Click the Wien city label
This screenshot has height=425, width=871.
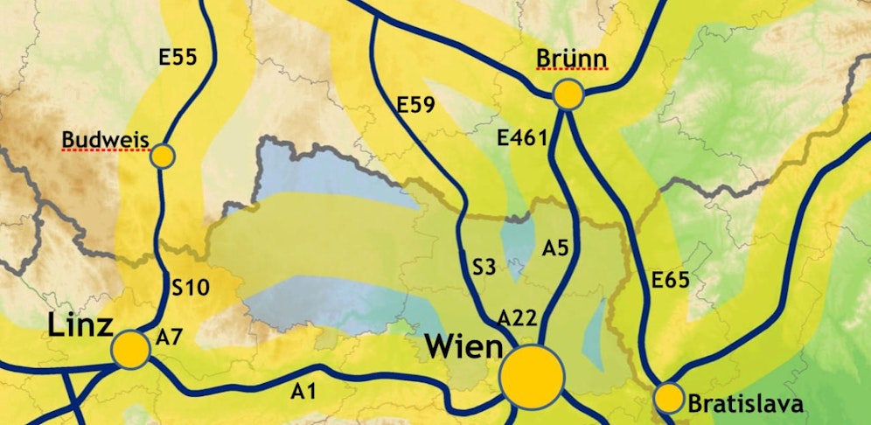463,346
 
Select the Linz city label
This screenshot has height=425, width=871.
80,328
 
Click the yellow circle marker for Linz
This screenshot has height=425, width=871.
131,349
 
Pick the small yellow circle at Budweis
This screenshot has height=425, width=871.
164,157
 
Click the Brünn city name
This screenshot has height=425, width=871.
571,59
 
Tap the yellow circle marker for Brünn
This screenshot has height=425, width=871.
568,95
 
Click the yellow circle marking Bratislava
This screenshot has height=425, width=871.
669,399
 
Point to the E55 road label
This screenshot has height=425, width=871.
178,58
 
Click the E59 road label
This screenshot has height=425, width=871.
415,105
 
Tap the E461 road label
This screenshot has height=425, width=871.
521,137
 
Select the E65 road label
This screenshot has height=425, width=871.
671,281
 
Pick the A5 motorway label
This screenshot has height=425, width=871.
556,248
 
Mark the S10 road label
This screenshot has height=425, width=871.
190,286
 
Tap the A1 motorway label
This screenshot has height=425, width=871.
303,392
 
